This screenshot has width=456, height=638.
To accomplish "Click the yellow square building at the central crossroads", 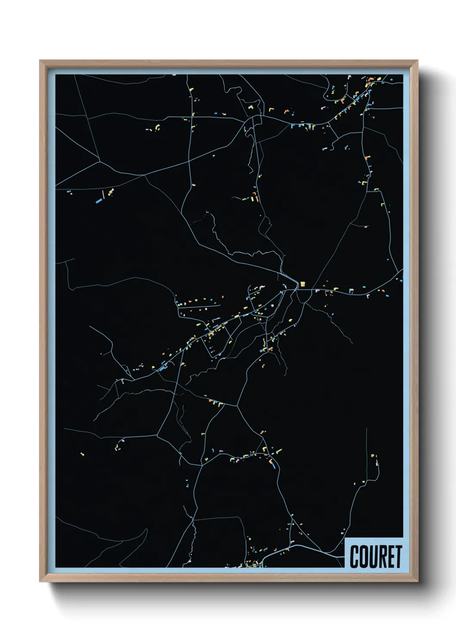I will tap(303, 284).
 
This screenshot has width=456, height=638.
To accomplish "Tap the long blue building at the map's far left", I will tap(99, 200).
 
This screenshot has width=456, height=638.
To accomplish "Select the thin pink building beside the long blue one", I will tap(103, 194).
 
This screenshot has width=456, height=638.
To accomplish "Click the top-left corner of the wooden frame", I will tap(41, 61).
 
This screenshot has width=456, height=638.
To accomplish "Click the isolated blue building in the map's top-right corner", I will tap(391, 80).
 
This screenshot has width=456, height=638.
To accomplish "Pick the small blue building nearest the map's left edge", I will tap(69, 192).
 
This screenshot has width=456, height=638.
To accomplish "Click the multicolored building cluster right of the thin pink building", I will tap(111, 191).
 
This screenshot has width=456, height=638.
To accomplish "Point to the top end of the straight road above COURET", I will tap(366, 428).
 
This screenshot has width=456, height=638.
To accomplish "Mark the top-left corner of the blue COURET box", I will tap(345, 538).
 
